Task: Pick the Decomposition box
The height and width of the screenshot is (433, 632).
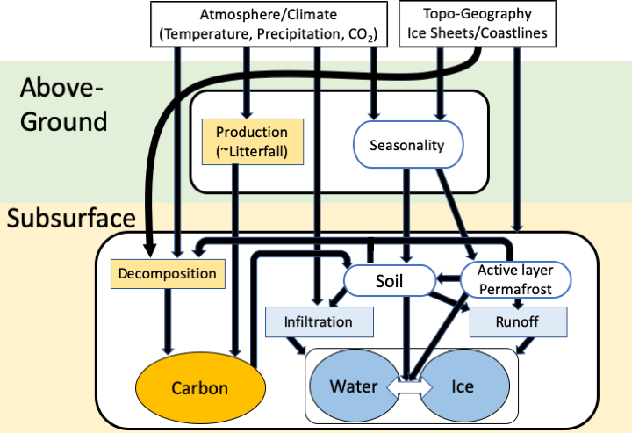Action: [x=166, y=273]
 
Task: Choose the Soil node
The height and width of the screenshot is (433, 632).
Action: [x=391, y=281]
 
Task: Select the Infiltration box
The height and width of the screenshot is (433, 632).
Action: [x=318, y=322]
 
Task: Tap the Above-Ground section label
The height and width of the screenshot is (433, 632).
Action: [x=63, y=104]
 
